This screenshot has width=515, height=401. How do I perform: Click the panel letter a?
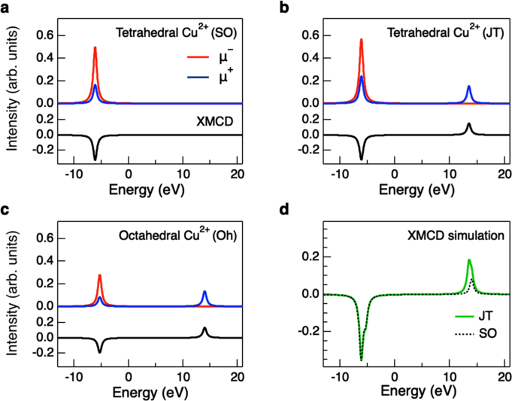pos(6,7)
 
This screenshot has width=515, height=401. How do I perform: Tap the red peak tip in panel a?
pos(95,47)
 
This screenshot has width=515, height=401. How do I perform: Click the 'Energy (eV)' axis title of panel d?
pos(394,390)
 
